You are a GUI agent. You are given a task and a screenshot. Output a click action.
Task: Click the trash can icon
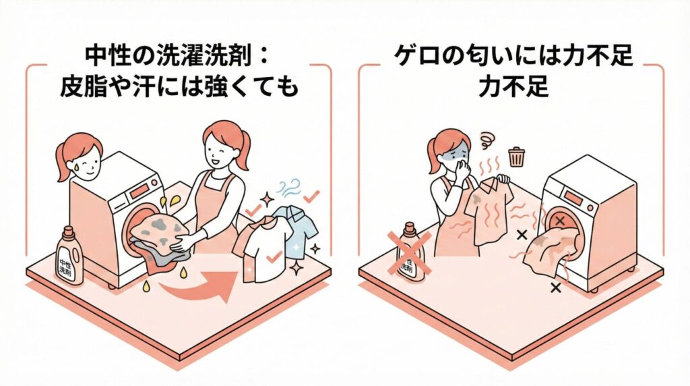coord(516,157)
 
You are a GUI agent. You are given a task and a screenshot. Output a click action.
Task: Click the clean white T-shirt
coord(263,250)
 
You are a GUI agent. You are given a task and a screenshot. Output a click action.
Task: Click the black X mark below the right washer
coord(556,288)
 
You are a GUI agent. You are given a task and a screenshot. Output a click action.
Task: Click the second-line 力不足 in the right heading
coord(513,86)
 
